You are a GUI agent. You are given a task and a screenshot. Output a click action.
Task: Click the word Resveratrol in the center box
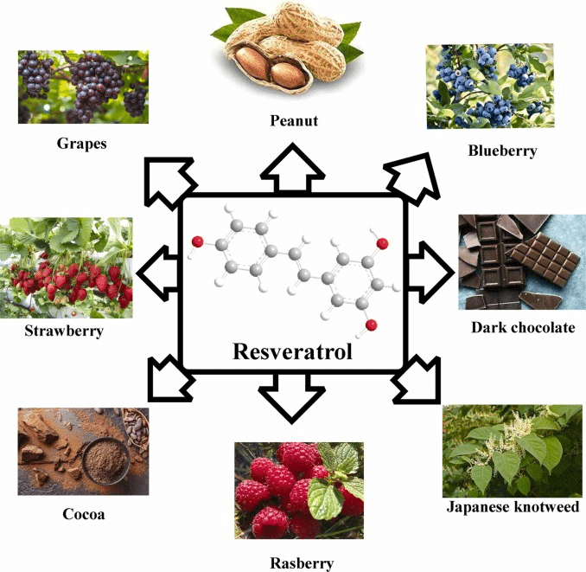click(293, 351)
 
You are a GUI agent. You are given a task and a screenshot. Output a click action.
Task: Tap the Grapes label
click(82, 144)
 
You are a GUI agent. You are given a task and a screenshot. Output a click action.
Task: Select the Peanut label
click(294, 120)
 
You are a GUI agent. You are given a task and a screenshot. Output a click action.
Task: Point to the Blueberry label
click(503, 151)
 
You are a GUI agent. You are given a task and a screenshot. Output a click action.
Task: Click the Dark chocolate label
click(523, 327)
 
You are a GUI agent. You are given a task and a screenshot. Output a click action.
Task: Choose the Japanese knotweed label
click(513, 507)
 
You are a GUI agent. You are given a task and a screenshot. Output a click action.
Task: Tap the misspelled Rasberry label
click(302, 563)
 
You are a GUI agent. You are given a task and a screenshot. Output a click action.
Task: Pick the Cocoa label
click(84, 514)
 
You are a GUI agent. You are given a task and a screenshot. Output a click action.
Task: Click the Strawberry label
click(64, 331)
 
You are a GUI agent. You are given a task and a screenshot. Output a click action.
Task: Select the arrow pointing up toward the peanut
click(293, 168)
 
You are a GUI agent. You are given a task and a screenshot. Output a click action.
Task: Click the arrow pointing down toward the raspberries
click(292, 398)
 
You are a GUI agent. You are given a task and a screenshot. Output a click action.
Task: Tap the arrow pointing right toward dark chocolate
click(430, 273)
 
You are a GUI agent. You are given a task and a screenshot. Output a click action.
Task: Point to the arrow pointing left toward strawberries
click(157, 273)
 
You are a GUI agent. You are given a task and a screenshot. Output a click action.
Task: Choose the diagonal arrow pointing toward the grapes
click(169, 183)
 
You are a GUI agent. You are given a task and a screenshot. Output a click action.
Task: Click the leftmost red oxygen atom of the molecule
click(197, 242)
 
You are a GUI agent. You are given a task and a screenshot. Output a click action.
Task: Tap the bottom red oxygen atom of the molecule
click(371, 325)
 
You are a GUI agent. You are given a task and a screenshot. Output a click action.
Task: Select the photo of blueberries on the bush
click(490, 87)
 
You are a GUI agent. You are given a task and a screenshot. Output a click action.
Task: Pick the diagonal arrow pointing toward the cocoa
click(170, 379)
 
